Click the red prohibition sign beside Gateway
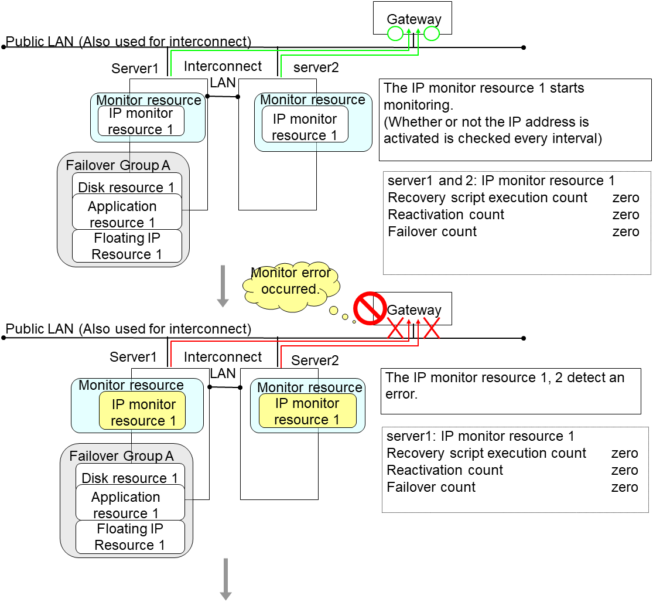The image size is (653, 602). coord(369,309)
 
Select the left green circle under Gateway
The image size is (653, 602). coord(395,33)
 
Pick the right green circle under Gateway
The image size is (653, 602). coord(432,33)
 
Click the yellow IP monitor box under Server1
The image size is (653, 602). coord(142,412)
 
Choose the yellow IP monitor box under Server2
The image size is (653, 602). coord(307,411)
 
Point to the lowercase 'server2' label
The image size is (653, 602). coord(316,67)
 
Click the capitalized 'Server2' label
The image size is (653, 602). coord(315,360)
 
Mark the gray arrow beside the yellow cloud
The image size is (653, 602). coord(223,285)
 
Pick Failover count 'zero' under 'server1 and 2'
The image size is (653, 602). coord(625,232)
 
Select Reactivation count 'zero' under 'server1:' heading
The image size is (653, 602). coord(624,470)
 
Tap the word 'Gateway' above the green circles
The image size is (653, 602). coord(414,19)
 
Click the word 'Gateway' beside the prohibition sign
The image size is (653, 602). coord(414,310)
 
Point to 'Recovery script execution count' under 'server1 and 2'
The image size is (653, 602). coord(487,198)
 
